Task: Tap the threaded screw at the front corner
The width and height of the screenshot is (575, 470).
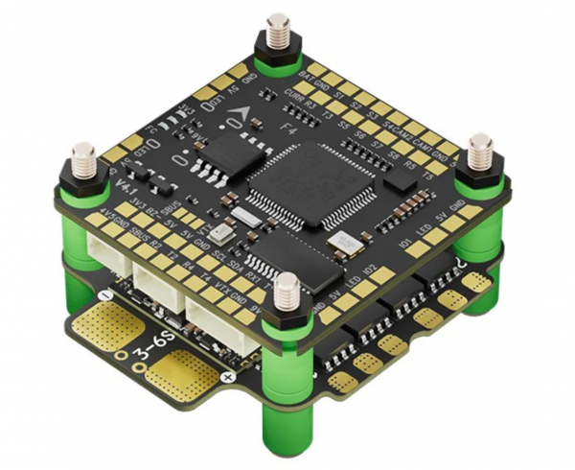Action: coord(286,294)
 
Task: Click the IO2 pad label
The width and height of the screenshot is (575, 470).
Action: coord(371,278)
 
